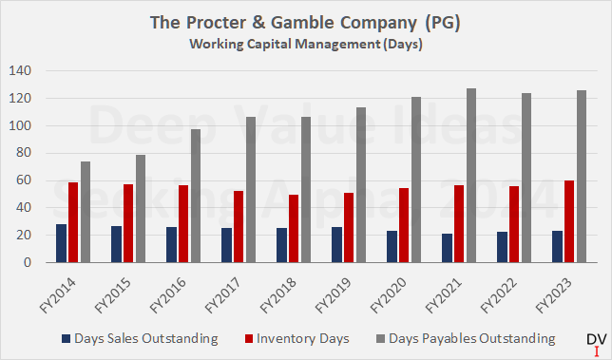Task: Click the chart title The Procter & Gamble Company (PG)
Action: coord(305,22)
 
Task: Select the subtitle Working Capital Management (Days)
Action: coord(305,42)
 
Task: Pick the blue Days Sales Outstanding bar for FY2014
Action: coord(61,243)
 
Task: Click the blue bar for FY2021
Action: coord(447,248)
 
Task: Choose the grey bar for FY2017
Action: coord(251,190)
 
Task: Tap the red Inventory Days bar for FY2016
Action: coord(183,224)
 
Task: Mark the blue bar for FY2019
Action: coord(336,244)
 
